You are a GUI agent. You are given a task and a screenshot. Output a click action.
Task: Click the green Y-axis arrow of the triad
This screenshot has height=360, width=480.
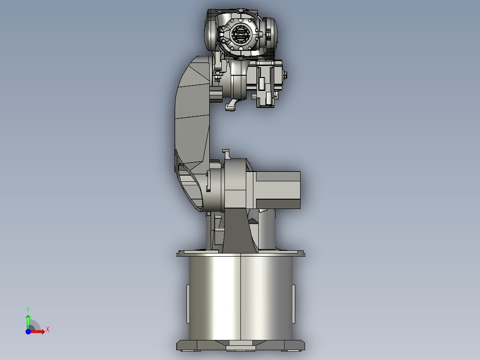(x=28, y=320)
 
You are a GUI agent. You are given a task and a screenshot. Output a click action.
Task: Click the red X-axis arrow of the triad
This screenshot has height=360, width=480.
(x=39, y=331)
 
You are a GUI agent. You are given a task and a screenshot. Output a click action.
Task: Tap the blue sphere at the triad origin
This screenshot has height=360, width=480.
(x=28, y=331)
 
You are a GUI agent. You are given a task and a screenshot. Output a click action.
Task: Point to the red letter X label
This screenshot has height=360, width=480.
(x=47, y=329)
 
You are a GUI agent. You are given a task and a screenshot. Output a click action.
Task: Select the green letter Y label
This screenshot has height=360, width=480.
(x=28, y=309)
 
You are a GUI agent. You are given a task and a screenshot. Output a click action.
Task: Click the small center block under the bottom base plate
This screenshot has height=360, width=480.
(x=240, y=348)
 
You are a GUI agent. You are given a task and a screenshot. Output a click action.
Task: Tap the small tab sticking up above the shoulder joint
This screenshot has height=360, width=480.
(x=226, y=154)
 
